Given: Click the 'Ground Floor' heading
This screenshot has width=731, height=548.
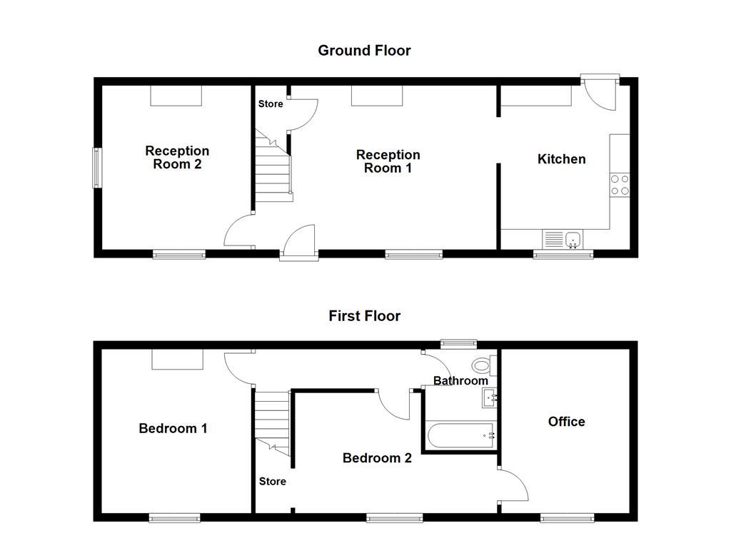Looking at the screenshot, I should click(364, 51).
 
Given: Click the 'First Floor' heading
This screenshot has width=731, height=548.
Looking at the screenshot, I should click(364, 316).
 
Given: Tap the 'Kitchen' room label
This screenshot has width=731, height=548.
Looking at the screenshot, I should click(561, 159).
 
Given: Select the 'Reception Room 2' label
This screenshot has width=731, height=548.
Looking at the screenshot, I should click(177, 158).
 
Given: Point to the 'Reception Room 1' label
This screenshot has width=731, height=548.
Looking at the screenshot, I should click(388, 161).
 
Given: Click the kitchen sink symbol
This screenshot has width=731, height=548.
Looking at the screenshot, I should click(563, 238).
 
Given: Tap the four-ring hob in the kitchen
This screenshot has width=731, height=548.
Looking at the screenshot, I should click(620, 185).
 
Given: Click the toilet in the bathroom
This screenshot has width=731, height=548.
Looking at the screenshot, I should click(483, 366).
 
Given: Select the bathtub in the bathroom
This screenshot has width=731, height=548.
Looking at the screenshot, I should click(460, 435).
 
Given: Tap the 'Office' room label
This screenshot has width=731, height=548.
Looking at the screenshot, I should click(566, 422).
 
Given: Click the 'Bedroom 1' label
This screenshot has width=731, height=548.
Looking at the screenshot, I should click(173, 429).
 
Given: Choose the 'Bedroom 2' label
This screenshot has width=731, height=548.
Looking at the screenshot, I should click(377, 458).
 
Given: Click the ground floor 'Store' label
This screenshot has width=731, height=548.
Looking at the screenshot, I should click(271, 104).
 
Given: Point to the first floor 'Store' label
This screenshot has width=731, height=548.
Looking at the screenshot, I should click(272, 482).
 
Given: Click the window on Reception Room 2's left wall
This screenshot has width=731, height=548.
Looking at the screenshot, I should click(95, 167).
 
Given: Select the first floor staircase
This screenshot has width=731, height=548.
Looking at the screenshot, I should click(273, 421).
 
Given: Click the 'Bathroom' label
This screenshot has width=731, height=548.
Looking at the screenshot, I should click(460, 381).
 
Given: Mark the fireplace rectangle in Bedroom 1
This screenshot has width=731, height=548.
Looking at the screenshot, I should click(178, 360).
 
